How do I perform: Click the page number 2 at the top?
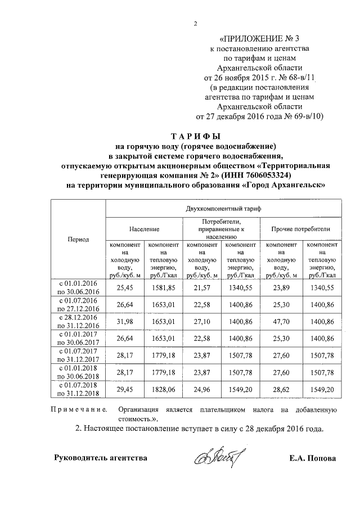(x=196, y=23)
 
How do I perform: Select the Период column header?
(x=78, y=239)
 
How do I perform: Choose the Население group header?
(x=144, y=229)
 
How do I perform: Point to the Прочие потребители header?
(x=300, y=229)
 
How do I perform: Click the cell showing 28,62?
(x=281, y=388)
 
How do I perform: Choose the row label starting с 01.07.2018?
(x=78, y=388)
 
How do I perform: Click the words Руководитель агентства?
(x=101, y=458)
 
